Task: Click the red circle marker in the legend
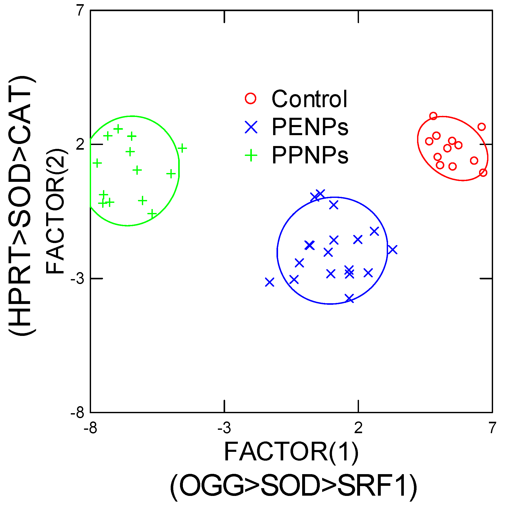[x=251, y=98]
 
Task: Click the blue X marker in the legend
[x=251, y=127]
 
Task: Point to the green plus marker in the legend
[x=251, y=155]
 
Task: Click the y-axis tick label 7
[x=80, y=11]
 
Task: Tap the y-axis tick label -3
[x=77, y=279]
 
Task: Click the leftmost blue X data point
[x=269, y=282]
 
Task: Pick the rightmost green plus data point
[x=182, y=148]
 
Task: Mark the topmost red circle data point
[x=433, y=116]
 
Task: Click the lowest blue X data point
[x=349, y=298]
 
